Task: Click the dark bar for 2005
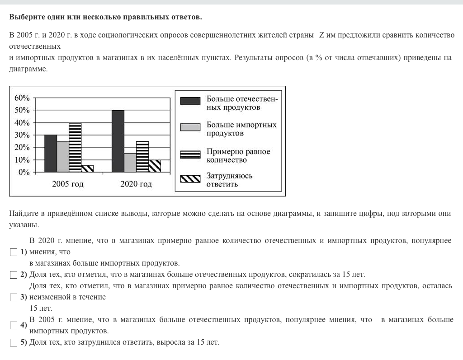pos(51,154)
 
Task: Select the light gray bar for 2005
pos(63,157)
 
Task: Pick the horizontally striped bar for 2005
pos(75,147)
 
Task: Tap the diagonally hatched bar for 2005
pos(87,168)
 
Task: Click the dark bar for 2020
pos(118,141)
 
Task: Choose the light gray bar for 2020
pos(130,163)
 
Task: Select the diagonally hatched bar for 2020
pos(155,166)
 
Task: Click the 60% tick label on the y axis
pos(22,98)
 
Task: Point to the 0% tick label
pos(24,172)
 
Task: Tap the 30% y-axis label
pos(22,135)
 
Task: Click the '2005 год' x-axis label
pos(68,184)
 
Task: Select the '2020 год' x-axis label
pos(136,184)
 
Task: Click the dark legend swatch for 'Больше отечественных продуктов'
pos(190,101)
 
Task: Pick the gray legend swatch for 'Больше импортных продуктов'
pos(190,127)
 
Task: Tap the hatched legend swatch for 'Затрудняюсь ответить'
pos(190,179)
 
